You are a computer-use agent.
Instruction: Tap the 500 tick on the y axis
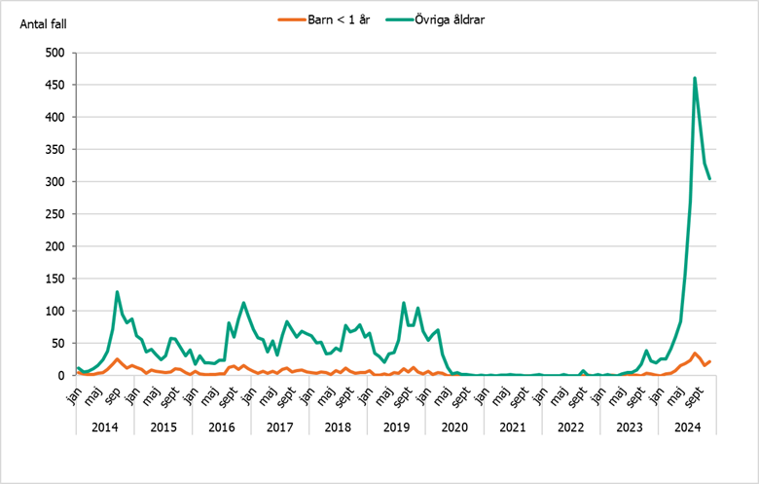[54, 53]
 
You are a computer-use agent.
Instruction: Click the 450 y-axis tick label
[54, 85]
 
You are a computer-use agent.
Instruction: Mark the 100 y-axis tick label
[54, 311]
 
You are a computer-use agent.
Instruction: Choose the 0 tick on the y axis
[60, 375]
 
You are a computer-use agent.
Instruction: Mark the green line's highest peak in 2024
[695, 78]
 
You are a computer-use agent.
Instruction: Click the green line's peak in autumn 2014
[118, 291]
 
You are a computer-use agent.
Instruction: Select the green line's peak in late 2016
[243, 303]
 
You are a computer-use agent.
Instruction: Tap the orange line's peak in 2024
[695, 354]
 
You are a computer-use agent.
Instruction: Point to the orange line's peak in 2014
[118, 359]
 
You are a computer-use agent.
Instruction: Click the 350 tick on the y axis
[54, 149]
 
